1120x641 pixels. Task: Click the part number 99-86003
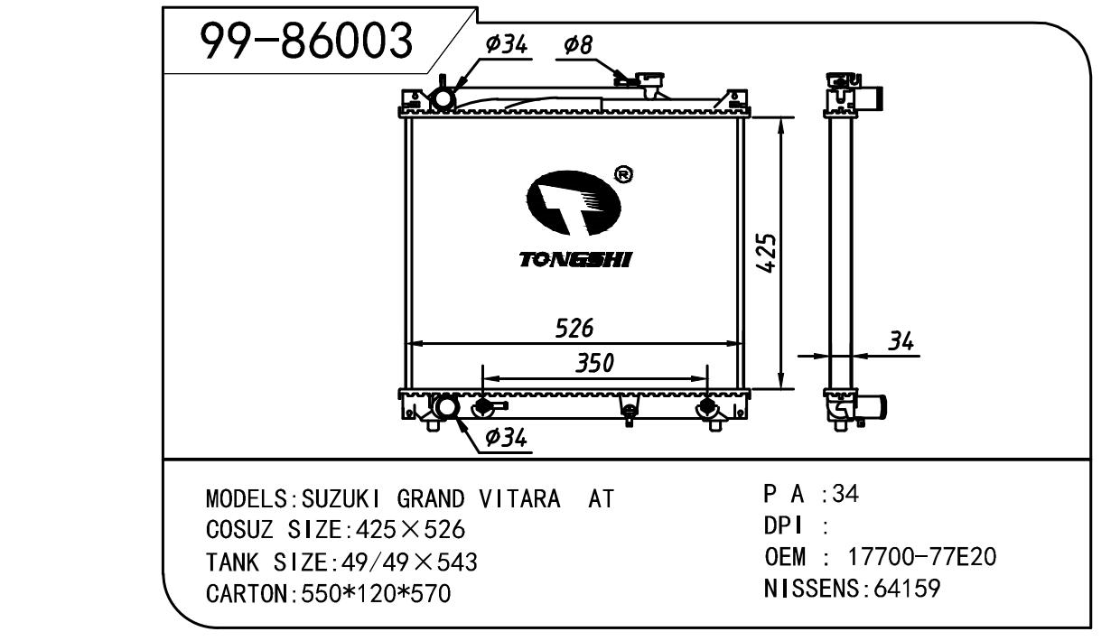click(x=306, y=41)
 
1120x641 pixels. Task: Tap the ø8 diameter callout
click(x=578, y=45)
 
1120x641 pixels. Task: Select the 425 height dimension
click(x=766, y=253)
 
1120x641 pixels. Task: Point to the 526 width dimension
click(x=574, y=329)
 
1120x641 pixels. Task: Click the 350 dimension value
click(x=594, y=363)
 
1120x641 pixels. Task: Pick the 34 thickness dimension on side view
click(x=901, y=342)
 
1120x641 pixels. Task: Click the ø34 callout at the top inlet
click(x=506, y=44)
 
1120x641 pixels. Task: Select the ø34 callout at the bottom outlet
click(x=506, y=438)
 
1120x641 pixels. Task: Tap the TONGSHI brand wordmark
click(x=575, y=259)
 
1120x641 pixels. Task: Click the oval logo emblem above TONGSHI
click(x=574, y=202)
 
